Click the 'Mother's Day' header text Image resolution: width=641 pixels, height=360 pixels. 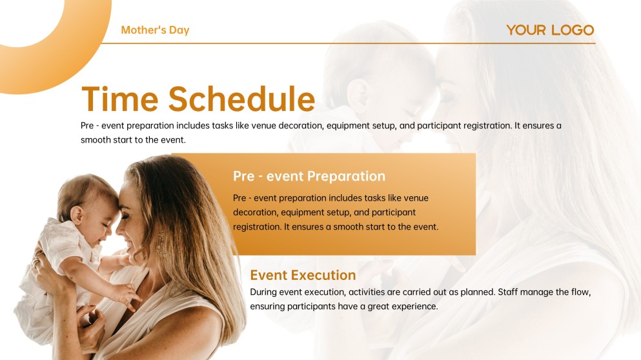point(155,30)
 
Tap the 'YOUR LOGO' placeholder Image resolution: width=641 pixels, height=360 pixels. point(549,30)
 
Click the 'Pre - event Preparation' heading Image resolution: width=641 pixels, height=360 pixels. point(309,176)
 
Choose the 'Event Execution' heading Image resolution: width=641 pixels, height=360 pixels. point(303,275)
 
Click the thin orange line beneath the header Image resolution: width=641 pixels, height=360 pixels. point(349,43)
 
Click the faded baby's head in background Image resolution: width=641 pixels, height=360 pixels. point(381,71)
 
